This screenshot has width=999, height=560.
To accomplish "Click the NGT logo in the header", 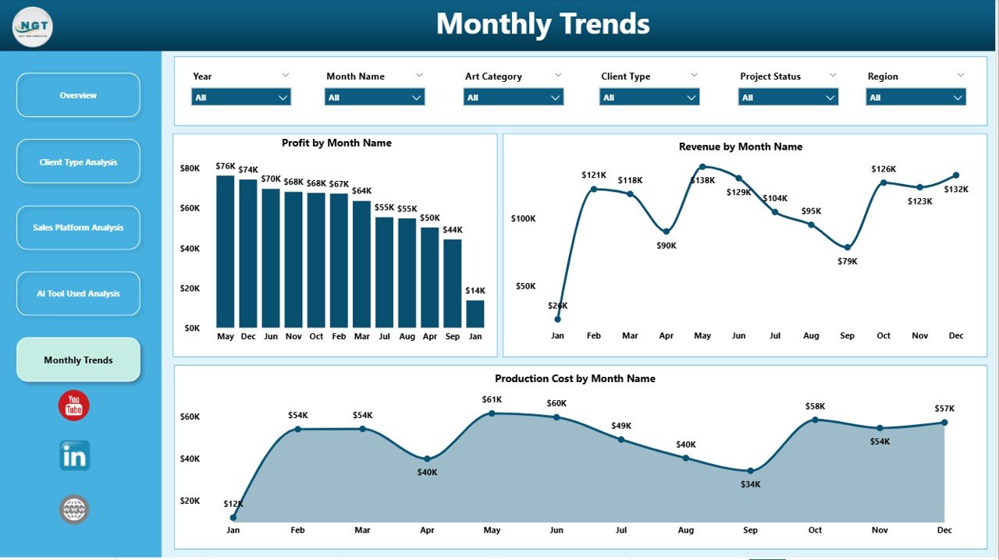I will (x=33, y=26).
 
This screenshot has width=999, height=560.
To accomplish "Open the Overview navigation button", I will (x=78, y=95).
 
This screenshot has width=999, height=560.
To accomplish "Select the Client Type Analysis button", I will (x=78, y=162).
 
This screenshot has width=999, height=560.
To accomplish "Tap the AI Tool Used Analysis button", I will (x=78, y=293).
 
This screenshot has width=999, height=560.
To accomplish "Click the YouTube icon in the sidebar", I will (x=74, y=406).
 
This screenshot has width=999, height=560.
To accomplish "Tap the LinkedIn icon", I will (x=74, y=455).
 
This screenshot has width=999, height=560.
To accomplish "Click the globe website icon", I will (x=74, y=510).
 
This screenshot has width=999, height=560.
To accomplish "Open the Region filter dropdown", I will (x=915, y=97).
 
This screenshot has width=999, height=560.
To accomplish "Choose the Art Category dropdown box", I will (x=513, y=97).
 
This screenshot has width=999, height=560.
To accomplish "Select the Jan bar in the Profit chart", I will (x=475, y=314).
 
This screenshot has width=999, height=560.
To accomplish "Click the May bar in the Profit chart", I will (x=226, y=251).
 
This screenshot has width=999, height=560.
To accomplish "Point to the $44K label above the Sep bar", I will (x=452, y=230).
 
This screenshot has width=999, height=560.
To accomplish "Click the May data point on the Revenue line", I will (x=702, y=166).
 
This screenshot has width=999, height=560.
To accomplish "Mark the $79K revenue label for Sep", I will (x=848, y=261).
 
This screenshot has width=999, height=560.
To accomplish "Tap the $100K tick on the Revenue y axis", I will (x=524, y=218).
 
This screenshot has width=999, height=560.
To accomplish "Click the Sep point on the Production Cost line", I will (x=750, y=470).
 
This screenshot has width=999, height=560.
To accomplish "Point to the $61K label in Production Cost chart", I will (x=492, y=400).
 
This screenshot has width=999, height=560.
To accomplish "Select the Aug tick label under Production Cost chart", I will (x=685, y=530).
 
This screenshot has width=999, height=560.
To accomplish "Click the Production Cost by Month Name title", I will (x=574, y=378).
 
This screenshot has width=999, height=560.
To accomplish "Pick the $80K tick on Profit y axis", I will (x=190, y=168).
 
